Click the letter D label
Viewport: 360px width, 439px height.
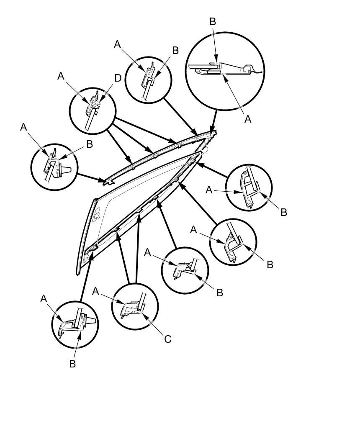(118, 78)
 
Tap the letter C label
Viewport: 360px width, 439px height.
(167, 339)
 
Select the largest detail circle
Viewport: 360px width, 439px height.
(225, 71)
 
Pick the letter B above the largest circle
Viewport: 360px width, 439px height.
(213, 22)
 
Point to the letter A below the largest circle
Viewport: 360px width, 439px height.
(248, 119)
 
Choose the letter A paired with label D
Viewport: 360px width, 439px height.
(61, 76)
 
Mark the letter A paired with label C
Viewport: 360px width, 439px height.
(96, 291)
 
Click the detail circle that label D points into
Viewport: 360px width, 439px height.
(92, 111)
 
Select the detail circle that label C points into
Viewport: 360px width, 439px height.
(135, 307)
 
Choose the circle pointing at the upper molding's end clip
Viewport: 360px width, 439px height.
(54, 167)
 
